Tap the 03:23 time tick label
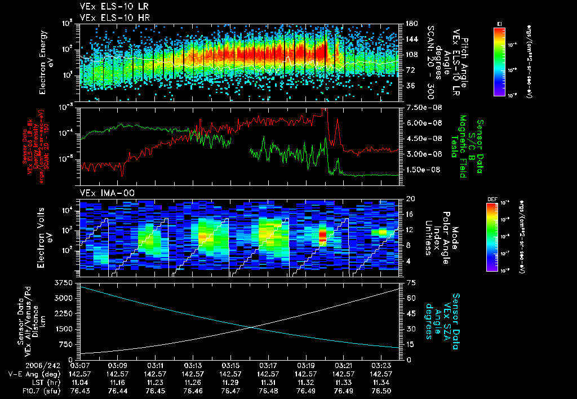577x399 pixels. [381, 365]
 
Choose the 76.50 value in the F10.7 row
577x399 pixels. [381, 391]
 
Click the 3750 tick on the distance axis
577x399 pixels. [66, 282]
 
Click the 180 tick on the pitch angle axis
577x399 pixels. [411, 24]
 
